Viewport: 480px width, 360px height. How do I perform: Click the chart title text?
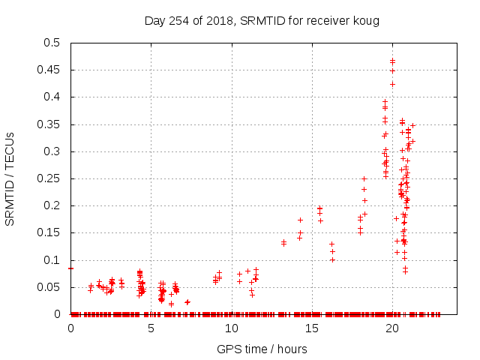pos(262,20)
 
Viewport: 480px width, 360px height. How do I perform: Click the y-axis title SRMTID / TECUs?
pos(10,178)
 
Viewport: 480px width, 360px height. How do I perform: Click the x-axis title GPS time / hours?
pos(262,349)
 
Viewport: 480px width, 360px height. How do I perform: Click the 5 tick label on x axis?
pos(151,328)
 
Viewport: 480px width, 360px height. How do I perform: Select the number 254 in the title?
pos(181,20)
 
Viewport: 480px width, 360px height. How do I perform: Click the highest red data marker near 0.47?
pos(392,61)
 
